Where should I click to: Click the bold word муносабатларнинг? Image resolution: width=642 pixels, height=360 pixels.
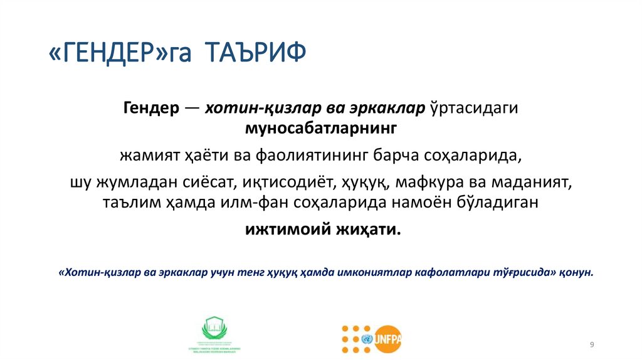pyautogui.click(x=320, y=129)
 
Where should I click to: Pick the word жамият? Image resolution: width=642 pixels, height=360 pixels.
pyautogui.click(x=143, y=155)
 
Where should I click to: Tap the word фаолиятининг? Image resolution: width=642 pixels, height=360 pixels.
pyautogui.click(x=324, y=155)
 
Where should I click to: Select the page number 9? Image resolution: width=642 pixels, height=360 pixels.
pyautogui.click(x=592, y=346)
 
